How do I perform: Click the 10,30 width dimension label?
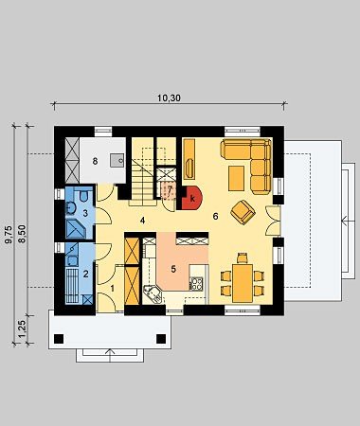click(169, 98)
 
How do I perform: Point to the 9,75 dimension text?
click(9, 235)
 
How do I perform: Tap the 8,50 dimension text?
click(23, 234)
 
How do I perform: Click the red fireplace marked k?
click(192, 198)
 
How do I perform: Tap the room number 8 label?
click(95, 161)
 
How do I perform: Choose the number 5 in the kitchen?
click(173, 269)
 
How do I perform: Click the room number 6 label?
click(215, 217)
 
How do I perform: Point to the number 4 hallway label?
click(142, 221)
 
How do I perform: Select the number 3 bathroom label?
click(85, 213)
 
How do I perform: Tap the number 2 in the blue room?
click(85, 274)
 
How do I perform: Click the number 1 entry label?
click(113, 288)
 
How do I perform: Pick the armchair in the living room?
click(243, 212)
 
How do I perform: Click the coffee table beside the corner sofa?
click(236, 178)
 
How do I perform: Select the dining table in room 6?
click(243, 283)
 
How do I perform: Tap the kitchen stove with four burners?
click(197, 283)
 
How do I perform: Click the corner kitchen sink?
click(153, 293)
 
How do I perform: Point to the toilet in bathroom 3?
click(83, 196)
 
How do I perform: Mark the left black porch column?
click(59, 339)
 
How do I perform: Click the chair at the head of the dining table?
click(243, 257)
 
